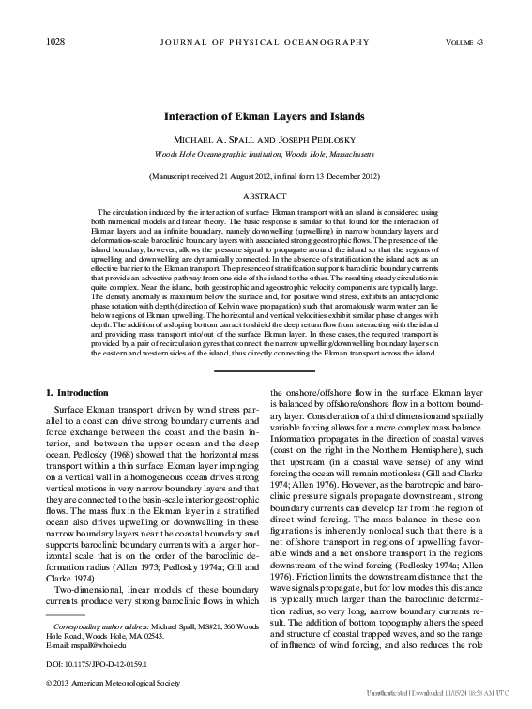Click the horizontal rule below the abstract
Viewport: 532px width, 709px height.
pyautogui.click(x=266, y=370)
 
